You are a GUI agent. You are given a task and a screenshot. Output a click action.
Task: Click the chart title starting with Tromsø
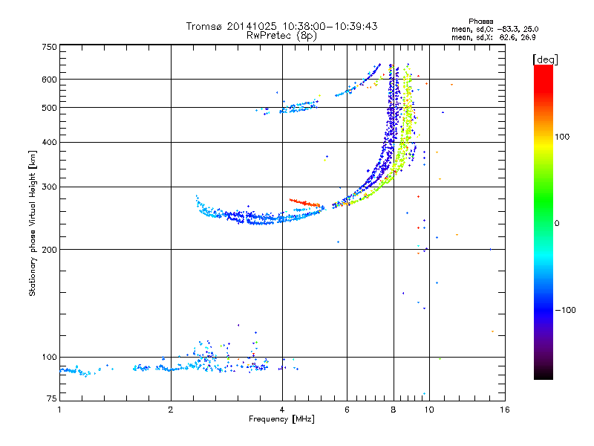[x=281, y=26]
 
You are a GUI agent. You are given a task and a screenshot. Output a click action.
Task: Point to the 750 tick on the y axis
[x=49, y=46]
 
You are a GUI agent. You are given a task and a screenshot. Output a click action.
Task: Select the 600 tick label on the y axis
[x=49, y=80]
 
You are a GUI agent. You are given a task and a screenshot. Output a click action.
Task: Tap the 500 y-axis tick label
[x=49, y=108]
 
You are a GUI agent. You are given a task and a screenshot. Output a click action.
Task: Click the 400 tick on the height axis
[x=49, y=142]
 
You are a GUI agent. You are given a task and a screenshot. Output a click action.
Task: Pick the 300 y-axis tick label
[x=49, y=187]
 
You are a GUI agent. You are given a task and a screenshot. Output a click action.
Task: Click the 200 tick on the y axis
[x=49, y=250]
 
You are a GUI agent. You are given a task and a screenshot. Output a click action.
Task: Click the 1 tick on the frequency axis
[x=59, y=409]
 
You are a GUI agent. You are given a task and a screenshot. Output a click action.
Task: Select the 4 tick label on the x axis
[x=282, y=409]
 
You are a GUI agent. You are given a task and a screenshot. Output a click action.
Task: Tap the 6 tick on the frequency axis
[x=347, y=409]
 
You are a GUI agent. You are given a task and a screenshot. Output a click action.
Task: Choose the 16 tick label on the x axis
[x=504, y=409]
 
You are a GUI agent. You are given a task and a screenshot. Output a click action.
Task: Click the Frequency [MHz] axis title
[x=281, y=419]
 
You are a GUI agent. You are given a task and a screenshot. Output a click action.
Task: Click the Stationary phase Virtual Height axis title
[x=33, y=223]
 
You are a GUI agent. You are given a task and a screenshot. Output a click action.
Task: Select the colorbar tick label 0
[x=559, y=223]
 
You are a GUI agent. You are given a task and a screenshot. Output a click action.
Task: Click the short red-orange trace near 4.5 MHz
[x=304, y=202]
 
